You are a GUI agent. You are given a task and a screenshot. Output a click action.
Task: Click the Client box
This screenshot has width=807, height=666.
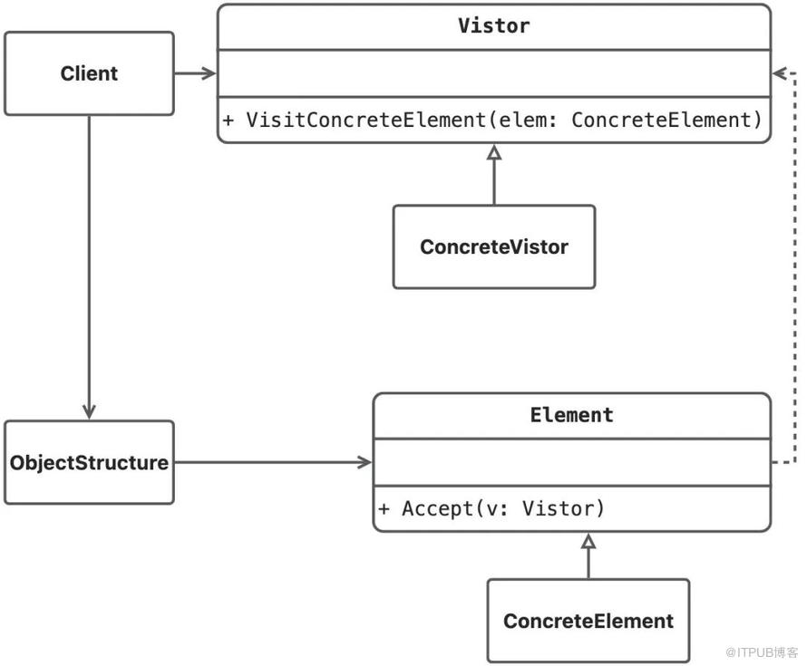coord(89,73)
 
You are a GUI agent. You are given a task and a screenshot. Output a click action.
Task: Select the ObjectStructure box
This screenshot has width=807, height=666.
coord(89,462)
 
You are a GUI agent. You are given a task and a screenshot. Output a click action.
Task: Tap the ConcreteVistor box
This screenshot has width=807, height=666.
coord(494,246)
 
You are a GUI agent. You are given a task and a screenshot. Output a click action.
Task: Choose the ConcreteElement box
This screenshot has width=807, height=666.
coord(588,621)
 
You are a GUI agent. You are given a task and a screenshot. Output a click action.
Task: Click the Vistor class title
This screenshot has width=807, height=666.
coord(493,25)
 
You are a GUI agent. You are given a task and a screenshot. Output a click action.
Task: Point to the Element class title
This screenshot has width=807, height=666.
coord(572,415)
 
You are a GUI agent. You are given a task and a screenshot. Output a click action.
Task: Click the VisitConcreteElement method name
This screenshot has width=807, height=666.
coord(366,120)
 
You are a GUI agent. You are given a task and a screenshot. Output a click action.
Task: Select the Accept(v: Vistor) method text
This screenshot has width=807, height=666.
coord(503,508)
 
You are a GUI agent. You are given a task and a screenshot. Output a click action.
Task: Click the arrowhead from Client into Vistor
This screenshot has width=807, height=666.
coord(209,73)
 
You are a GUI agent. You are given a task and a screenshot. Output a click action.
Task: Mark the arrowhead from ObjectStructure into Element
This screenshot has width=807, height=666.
coord(365,462)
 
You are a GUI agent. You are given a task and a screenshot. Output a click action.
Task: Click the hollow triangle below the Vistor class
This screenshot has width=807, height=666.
coord(494,151)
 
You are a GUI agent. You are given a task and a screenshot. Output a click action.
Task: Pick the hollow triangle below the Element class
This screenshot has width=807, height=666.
coord(588,541)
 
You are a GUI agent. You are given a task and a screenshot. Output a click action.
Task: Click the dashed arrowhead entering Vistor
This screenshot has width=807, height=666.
coord(780,73)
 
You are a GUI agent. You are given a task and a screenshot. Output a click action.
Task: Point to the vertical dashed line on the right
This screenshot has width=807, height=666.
coord(795,268)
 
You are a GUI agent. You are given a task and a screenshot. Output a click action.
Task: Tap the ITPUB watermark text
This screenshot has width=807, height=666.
coord(761,652)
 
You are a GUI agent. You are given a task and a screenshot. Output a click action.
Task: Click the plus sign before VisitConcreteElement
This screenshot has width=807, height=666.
coord(228,121)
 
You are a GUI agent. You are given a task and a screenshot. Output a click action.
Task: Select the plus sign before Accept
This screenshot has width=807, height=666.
coord(384,509)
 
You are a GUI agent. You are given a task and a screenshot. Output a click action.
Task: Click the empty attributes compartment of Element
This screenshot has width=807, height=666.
coord(572,462)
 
